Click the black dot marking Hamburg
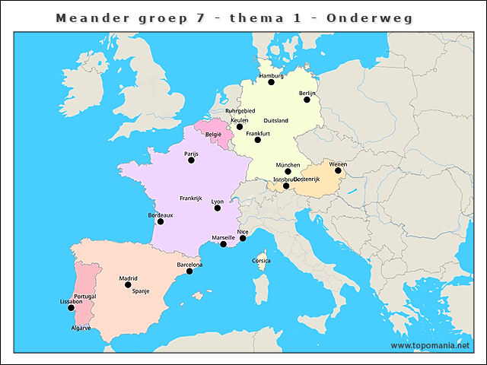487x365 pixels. click(x=271, y=82)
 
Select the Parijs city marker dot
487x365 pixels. click(x=193, y=160)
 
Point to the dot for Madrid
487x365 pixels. click(x=128, y=284)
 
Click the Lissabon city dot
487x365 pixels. click(x=71, y=308)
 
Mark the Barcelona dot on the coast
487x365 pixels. click(x=189, y=271)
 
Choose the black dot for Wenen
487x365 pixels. click(x=338, y=170)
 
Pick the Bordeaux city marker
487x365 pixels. click(x=161, y=221)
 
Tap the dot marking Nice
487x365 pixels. click(x=243, y=238)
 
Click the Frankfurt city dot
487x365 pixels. click(x=258, y=140)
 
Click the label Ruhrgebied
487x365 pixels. click(x=240, y=111)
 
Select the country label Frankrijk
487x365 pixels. click(x=190, y=198)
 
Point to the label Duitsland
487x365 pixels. click(x=275, y=121)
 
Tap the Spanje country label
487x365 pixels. click(x=141, y=291)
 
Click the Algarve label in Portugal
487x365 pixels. click(x=81, y=328)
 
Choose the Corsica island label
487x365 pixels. click(x=261, y=261)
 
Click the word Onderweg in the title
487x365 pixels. click(x=369, y=17)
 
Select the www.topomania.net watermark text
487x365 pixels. click(x=430, y=345)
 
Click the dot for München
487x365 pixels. click(x=288, y=171)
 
